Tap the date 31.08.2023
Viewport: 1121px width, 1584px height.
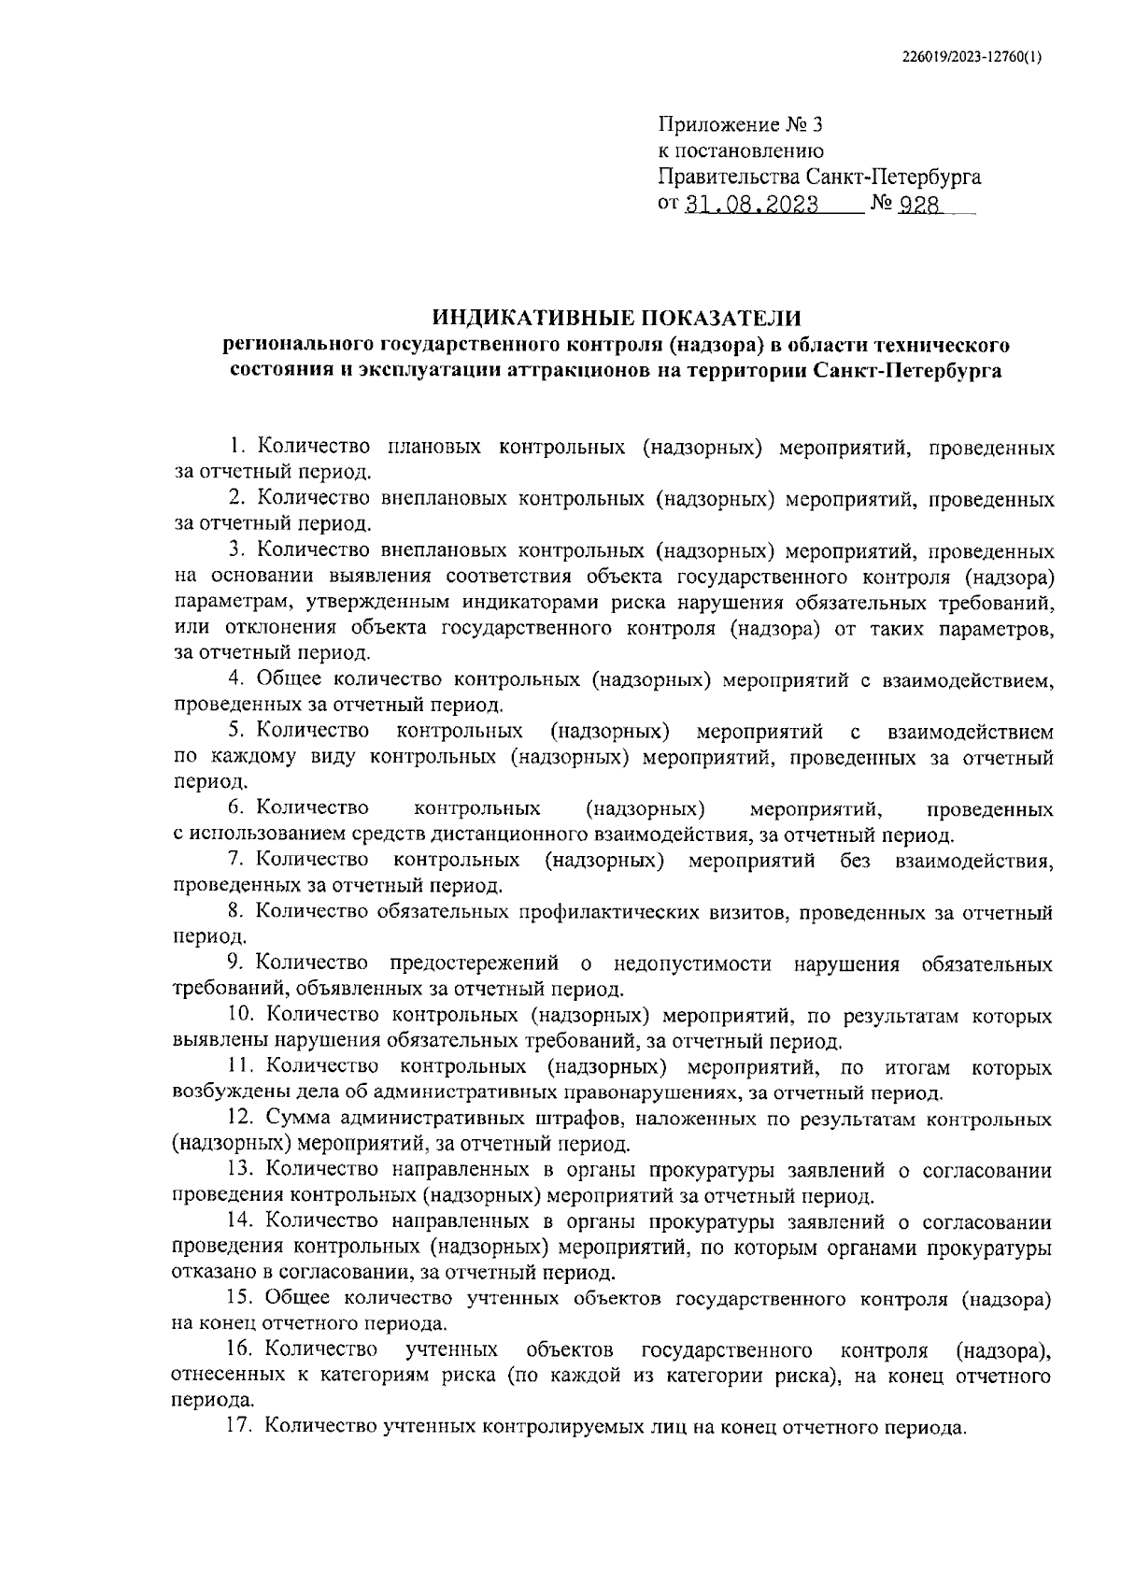click(x=752, y=205)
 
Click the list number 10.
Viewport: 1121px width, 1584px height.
click(x=241, y=1015)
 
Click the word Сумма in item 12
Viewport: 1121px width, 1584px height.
click(x=297, y=1119)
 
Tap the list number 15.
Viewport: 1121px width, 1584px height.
click(x=241, y=1298)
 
